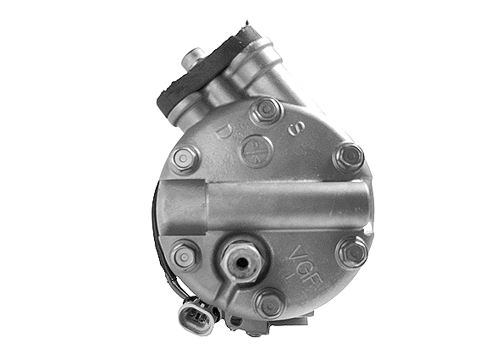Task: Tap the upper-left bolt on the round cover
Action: tap(185, 158)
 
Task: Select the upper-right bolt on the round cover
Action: tap(348, 157)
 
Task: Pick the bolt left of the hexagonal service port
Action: tap(184, 254)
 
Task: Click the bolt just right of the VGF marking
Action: tap(351, 251)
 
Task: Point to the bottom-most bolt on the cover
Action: tap(269, 302)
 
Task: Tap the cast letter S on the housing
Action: tap(296, 130)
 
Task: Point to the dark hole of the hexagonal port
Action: tap(243, 262)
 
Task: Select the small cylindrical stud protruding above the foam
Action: tap(190, 58)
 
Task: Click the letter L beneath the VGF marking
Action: tap(312, 278)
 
